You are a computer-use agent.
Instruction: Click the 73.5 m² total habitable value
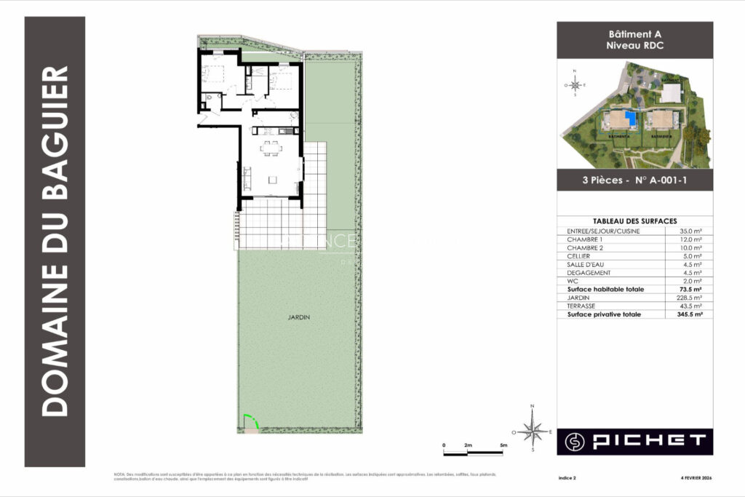(x=690, y=289)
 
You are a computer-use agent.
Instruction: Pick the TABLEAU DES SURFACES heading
(x=634, y=220)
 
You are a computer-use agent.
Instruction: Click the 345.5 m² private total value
(x=688, y=314)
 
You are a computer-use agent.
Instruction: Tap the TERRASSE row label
(x=581, y=306)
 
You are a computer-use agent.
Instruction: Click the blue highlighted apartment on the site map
(x=631, y=118)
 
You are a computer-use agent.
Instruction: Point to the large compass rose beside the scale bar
(x=533, y=432)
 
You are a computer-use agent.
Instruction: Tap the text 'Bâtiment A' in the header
(x=634, y=34)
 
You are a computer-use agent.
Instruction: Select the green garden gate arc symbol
(x=250, y=422)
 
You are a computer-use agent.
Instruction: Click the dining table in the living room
(x=271, y=148)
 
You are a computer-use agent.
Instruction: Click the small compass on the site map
(x=574, y=84)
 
